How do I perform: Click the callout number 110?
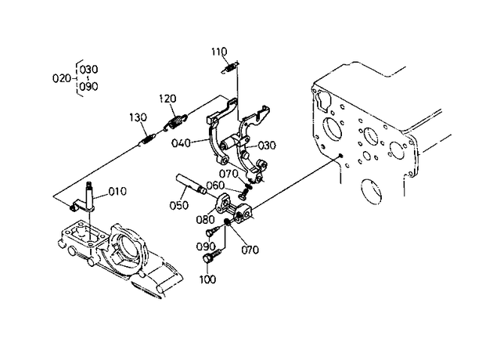tap(219, 51)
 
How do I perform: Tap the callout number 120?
tap(167, 99)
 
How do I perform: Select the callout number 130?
tap(138, 117)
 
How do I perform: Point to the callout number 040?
tap(181, 143)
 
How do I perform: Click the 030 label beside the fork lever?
tap(267, 146)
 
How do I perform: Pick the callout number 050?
tap(179, 205)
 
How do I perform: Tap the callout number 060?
tap(215, 185)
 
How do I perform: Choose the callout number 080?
tap(205, 219)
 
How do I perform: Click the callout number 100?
tap(208, 279)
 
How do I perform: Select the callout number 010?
tap(117, 191)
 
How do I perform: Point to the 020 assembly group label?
tap(62, 78)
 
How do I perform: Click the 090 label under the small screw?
tap(206, 247)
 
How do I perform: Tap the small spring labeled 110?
tap(229, 68)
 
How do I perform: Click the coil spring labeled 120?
tap(176, 121)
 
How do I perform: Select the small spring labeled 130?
tap(147, 139)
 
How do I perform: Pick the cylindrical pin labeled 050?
tap(191, 184)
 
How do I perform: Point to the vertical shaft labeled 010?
tap(90, 196)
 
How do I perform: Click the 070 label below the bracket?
tap(250, 250)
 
